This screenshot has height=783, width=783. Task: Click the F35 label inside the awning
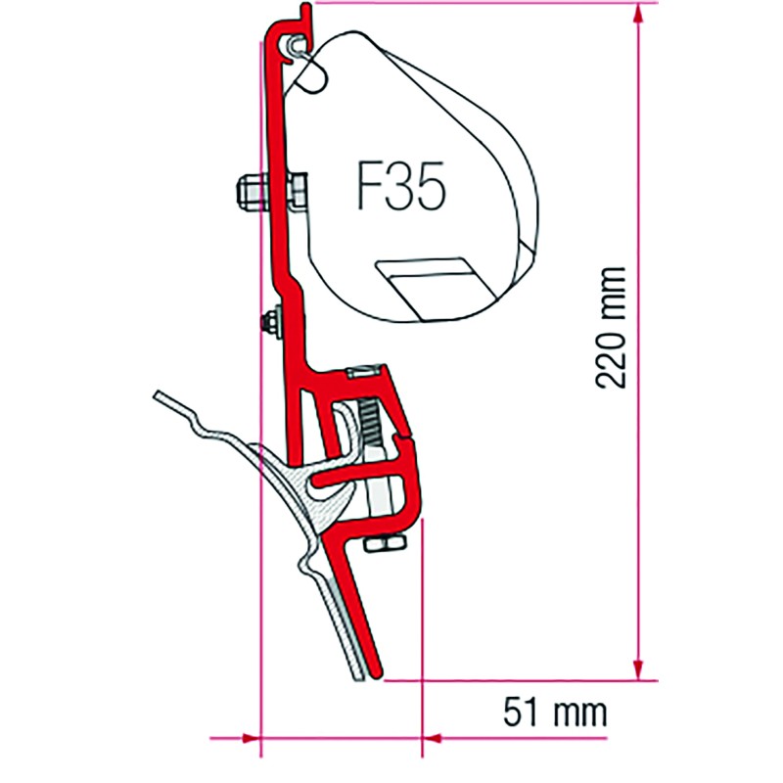400,186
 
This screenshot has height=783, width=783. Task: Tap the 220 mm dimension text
610,328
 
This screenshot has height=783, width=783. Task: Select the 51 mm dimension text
555,713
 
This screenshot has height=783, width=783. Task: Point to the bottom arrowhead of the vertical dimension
638,670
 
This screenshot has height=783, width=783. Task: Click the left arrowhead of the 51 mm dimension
252,738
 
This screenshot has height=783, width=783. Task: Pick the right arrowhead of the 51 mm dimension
432,738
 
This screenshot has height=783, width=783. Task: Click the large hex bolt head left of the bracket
250,190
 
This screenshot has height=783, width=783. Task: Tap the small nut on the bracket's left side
270,322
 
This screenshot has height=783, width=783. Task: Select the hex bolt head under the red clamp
384,543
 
